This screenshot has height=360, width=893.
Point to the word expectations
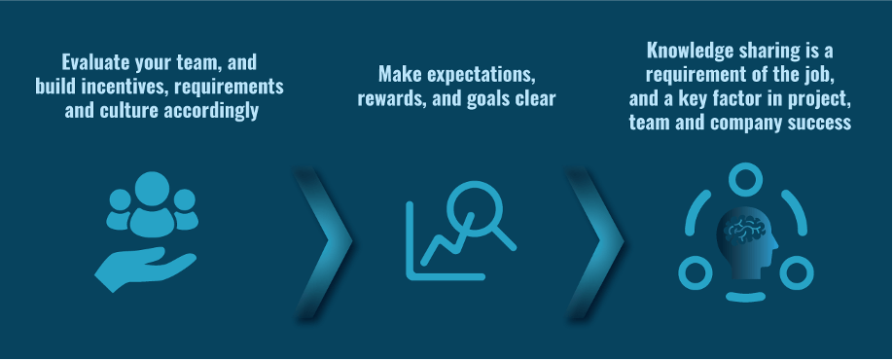coord(482,75)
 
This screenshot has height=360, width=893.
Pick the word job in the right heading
coord(821,75)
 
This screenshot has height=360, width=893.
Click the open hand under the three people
coord(145,268)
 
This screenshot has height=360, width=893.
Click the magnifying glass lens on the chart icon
coord(475,208)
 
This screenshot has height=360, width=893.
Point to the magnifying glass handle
coord(504,237)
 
